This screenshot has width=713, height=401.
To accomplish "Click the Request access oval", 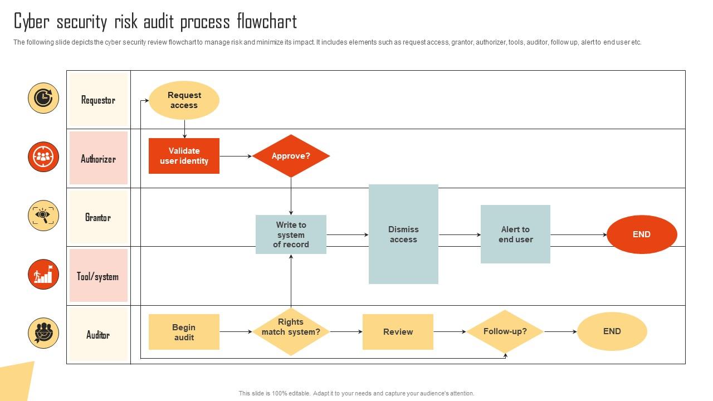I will (x=184, y=100).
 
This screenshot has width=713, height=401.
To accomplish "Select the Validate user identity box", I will (x=184, y=156).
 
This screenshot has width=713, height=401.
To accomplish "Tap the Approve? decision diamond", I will (x=291, y=156).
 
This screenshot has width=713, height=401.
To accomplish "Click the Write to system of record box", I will (x=291, y=234).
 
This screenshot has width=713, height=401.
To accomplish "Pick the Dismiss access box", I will (x=403, y=234).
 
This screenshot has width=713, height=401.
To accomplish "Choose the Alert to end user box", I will (x=515, y=234).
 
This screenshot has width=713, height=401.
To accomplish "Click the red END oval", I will (x=642, y=234).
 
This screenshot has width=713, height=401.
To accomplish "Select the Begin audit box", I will (x=184, y=332).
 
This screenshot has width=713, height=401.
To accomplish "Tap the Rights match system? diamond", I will (x=291, y=332).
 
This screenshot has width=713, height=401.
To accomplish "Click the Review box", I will (x=398, y=332).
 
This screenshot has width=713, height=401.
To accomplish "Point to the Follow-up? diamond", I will (x=505, y=331).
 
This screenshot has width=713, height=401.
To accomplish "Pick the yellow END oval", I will (x=612, y=331).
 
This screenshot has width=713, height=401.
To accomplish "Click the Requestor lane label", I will (x=98, y=100).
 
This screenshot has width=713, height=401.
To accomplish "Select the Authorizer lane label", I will (x=98, y=159).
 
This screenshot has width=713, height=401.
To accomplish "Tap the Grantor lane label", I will (x=98, y=218).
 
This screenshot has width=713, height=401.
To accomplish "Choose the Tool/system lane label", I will (x=98, y=276).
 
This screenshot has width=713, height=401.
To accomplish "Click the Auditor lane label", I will (x=98, y=335).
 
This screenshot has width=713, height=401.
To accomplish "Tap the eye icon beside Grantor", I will (x=43, y=216).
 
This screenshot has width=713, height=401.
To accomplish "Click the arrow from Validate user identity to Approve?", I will (x=236, y=157).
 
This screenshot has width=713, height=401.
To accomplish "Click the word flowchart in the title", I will (x=267, y=22).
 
